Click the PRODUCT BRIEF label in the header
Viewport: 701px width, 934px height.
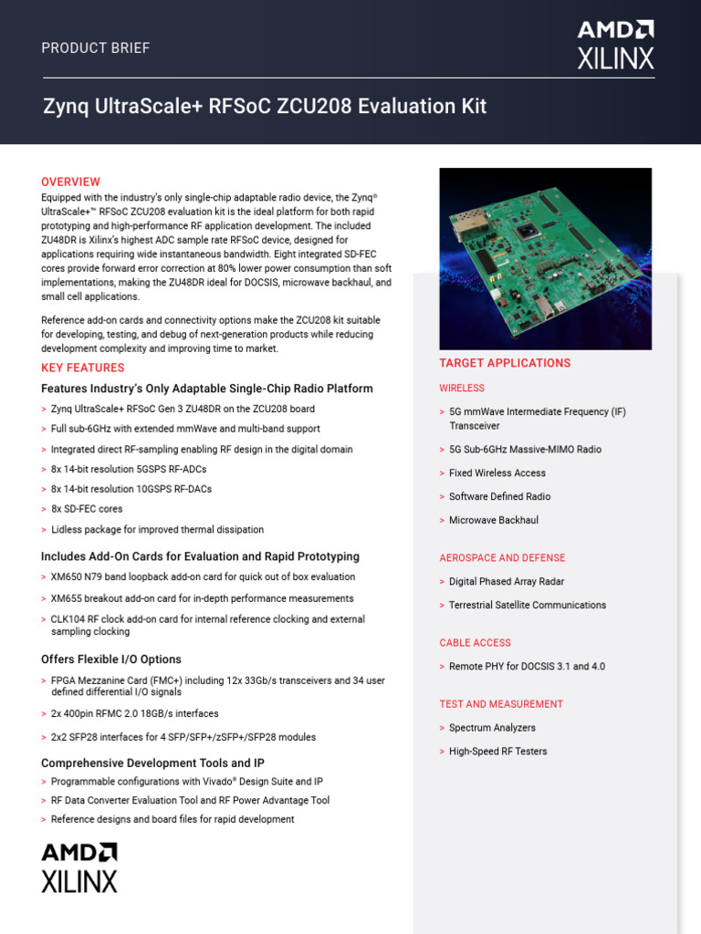tap(95, 48)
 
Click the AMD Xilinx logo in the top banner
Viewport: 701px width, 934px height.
tap(615, 45)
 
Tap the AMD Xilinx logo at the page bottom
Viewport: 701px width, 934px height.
tap(79, 867)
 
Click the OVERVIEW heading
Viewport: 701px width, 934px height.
tap(70, 182)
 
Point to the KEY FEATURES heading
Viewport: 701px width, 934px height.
tap(82, 368)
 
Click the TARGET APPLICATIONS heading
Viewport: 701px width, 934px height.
tap(505, 363)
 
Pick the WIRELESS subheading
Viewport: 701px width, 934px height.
tap(462, 388)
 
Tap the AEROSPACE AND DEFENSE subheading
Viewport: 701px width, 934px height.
tap(502, 557)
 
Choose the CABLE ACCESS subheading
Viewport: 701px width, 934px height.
tap(475, 642)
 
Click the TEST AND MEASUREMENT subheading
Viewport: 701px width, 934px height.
tap(501, 704)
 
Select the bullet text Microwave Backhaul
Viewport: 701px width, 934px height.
tap(493, 520)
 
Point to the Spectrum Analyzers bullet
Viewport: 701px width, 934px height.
tap(492, 728)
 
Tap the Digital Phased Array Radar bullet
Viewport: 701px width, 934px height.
tap(507, 581)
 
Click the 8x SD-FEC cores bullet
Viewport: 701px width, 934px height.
tap(87, 509)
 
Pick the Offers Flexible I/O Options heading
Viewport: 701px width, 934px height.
tap(111, 659)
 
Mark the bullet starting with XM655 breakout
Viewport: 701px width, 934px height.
tap(202, 598)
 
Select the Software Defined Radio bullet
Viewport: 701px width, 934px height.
tap(499, 496)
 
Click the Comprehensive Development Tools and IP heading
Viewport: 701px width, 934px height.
tap(153, 763)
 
